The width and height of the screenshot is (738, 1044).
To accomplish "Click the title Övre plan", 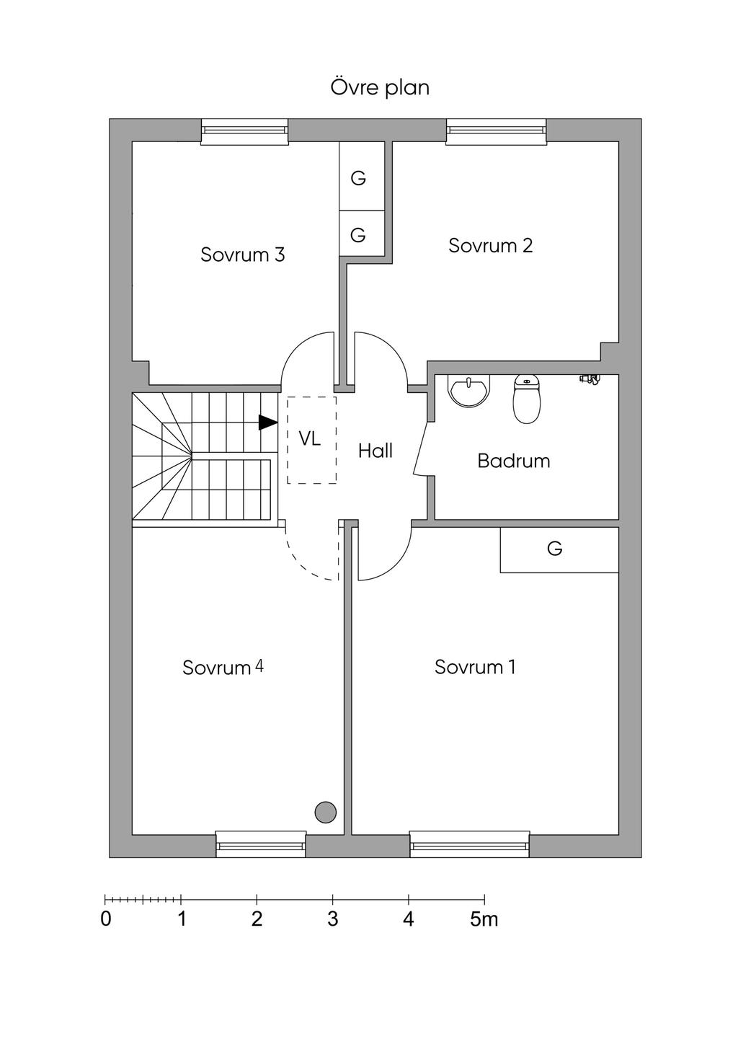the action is [x=380, y=88].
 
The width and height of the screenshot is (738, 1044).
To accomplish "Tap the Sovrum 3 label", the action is [x=242, y=255].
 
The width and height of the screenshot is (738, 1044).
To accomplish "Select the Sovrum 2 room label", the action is [x=490, y=245].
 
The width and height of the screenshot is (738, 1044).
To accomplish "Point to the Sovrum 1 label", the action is [x=475, y=667].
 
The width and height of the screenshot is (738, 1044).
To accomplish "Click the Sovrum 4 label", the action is [x=223, y=668].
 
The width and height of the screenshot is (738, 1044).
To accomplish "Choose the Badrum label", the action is [x=513, y=461].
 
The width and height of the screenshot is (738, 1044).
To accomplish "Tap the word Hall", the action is [x=375, y=451].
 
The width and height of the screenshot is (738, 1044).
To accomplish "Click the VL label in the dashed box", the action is [x=310, y=438].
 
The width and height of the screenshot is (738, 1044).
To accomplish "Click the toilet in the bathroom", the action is [x=527, y=399].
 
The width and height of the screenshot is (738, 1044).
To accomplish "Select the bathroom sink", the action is [x=469, y=389].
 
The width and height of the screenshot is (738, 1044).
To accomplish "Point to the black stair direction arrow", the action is [x=268, y=423].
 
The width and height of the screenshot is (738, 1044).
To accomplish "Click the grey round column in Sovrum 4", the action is [x=325, y=813].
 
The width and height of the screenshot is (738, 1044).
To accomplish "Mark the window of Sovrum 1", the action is [x=470, y=844].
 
